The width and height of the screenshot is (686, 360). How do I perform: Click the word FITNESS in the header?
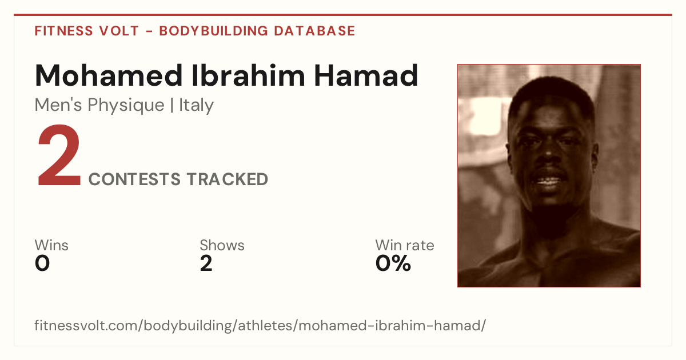[x=63, y=31]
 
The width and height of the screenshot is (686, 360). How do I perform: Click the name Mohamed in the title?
[x=109, y=75]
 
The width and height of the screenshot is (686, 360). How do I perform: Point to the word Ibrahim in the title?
[x=248, y=75]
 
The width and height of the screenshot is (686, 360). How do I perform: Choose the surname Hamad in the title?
[x=366, y=75]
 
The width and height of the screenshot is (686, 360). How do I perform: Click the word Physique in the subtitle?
[x=126, y=106]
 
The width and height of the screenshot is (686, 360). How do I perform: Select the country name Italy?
[x=196, y=105]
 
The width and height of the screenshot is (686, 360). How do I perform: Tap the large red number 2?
[x=59, y=155]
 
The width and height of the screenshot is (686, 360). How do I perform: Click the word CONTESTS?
[x=134, y=179]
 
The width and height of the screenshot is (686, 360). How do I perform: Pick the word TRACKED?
[x=228, y=179]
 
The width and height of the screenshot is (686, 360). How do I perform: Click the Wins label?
[x=51, y=245]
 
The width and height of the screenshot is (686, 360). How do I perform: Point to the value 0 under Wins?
[x=42, y=263]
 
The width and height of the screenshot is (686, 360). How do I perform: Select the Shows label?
[x=222, y=245]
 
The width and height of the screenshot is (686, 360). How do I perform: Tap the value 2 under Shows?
[x=206, y=263]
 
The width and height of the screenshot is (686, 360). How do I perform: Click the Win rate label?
[x=405, y=245]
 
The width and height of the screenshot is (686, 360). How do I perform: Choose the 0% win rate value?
[x=393, y=263]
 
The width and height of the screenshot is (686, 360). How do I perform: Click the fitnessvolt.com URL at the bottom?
[x=260, y=325]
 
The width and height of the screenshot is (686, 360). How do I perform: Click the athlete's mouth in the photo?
[x=548, y=181]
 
